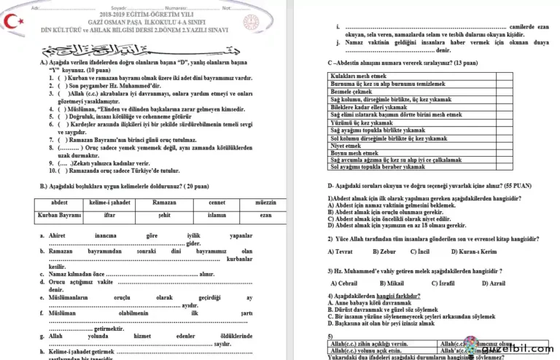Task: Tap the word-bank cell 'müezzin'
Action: (x=266, y=201)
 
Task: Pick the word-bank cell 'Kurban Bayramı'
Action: (x=60, y=216)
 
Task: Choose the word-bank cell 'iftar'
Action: (x=110, y=216)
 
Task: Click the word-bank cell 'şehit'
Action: (x=164, y=216)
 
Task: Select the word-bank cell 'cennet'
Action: (x=217, y=201)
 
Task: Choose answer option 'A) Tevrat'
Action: (x=340, y=251)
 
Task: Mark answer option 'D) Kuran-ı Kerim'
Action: (x=477, y=251)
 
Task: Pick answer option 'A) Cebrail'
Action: (x=344, y=283)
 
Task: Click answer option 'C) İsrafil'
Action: (x=444, y=283)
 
